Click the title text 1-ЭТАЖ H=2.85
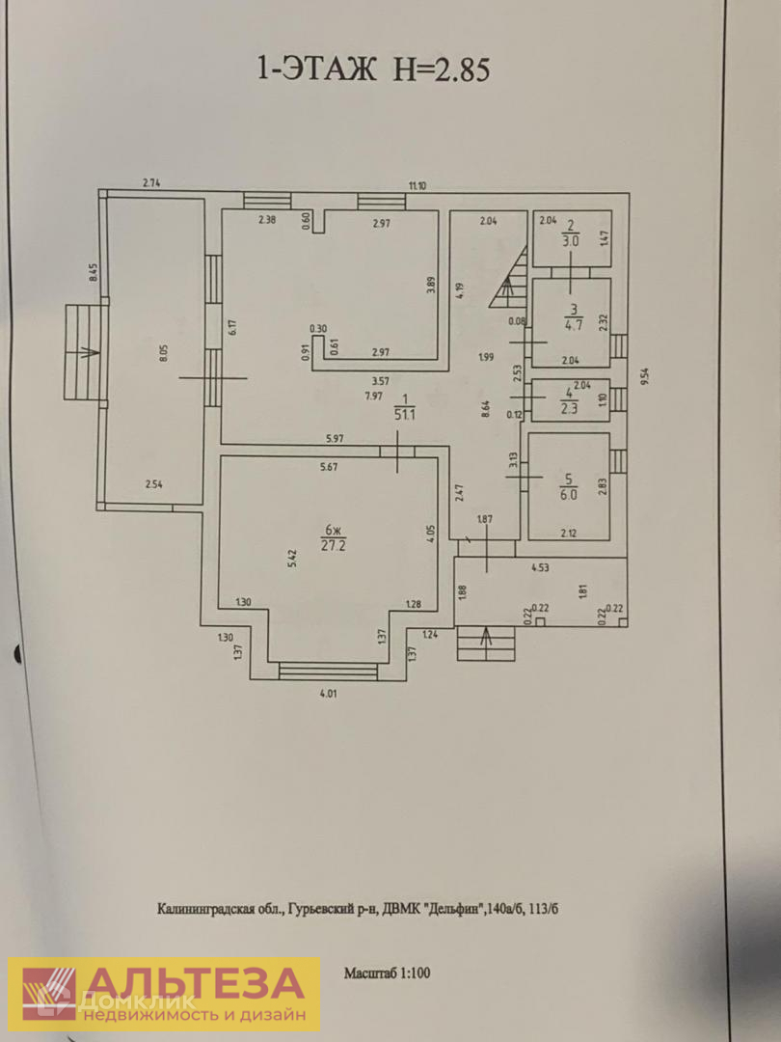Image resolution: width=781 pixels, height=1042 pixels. click(372, 70)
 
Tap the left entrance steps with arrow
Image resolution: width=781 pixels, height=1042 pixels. click(81, 352)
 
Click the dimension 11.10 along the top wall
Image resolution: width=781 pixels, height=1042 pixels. click(417, 186)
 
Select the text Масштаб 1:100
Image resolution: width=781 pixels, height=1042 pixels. click(388, 973)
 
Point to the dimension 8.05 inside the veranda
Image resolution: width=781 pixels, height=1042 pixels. click(164, 354)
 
